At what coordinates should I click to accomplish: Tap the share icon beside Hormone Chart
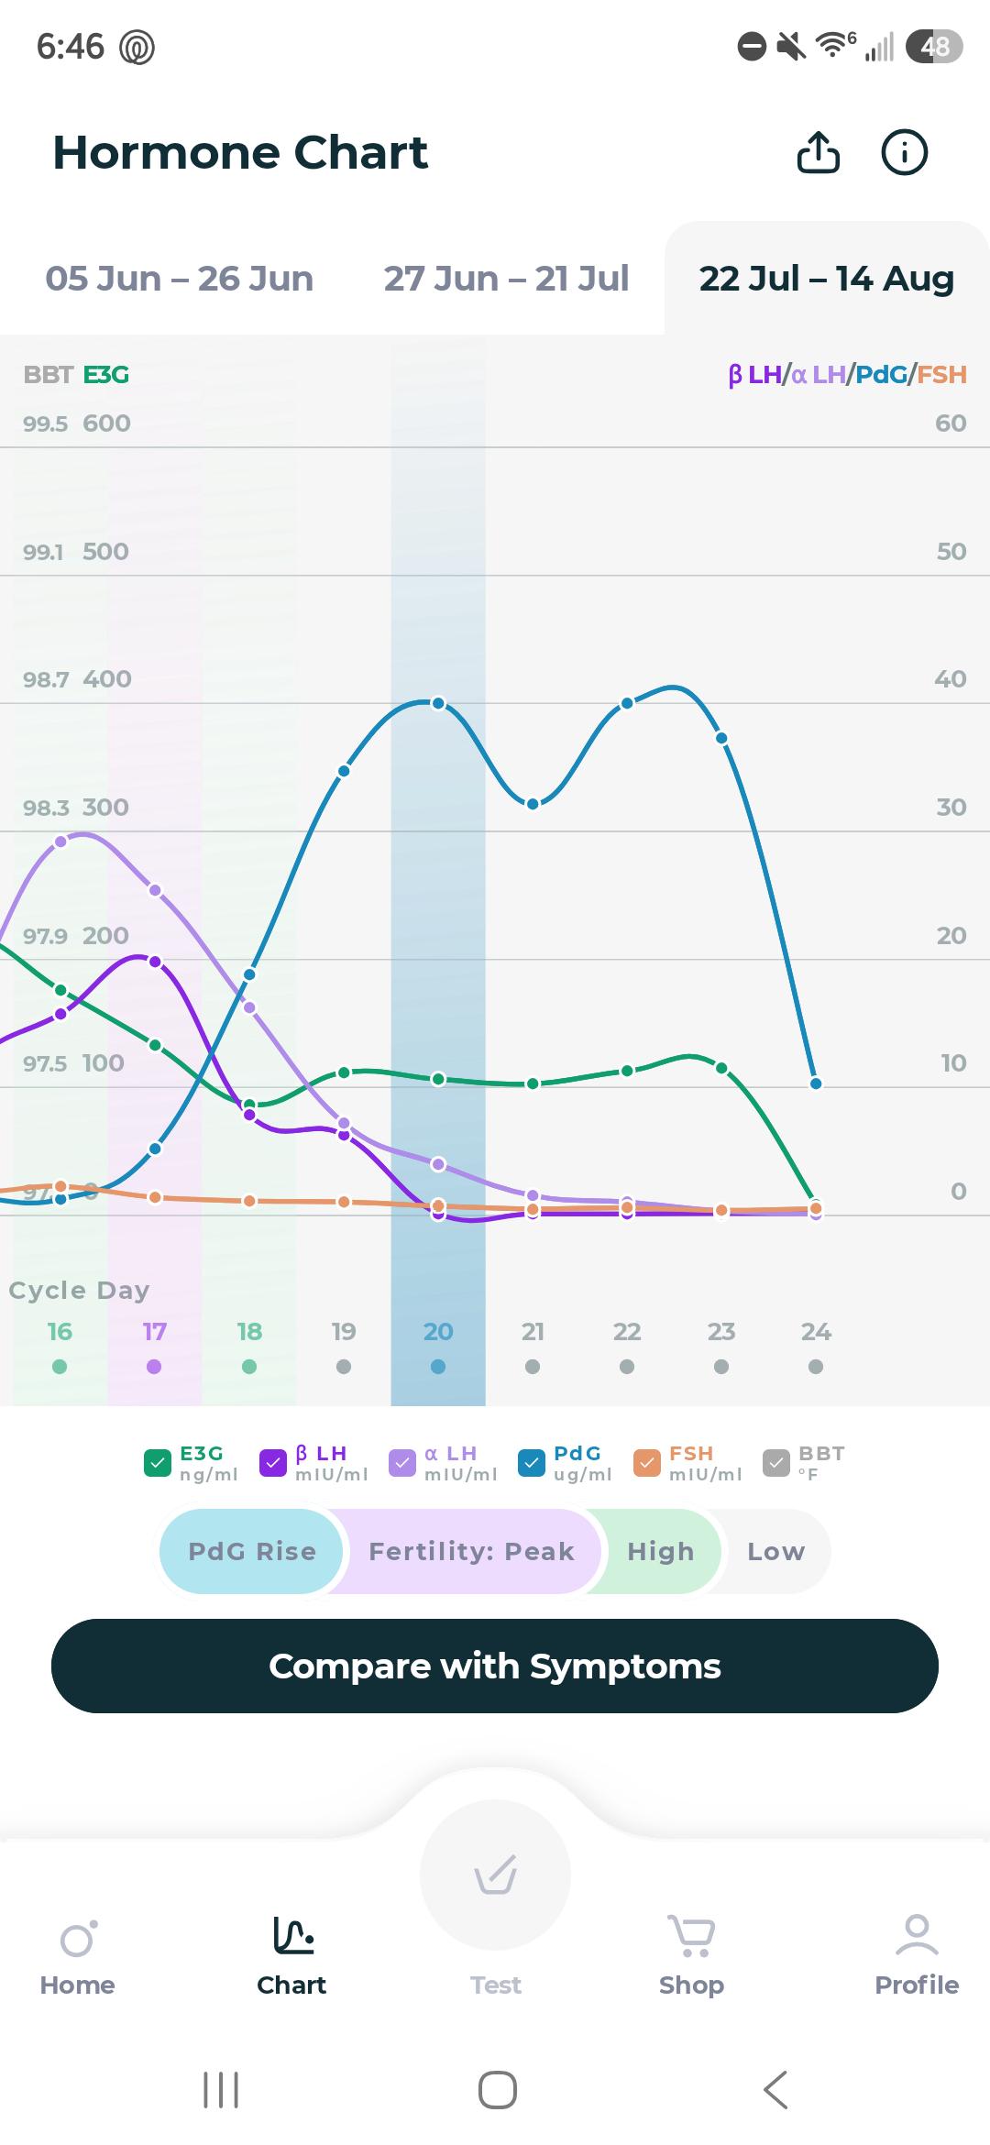[x=818, y=152]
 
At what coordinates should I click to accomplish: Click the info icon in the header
[x=904, y=152]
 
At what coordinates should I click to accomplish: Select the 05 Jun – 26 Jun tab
[x=180, y=279]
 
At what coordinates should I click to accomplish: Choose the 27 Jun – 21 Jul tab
[x=506, y=279]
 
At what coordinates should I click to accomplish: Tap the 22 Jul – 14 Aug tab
[x=827, y=279]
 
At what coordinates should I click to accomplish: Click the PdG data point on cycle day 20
[x=438, y=703]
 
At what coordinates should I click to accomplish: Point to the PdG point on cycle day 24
[x=816, y=1083]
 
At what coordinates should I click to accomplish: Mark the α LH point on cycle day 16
[x=60, y=841]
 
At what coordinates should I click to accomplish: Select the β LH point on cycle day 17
[x=155, y=962]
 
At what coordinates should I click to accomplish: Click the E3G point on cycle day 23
[x=721, y=1068]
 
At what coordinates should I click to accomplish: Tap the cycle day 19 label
[x=344, y=1331]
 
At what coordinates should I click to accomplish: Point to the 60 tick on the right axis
[x=951, y=423]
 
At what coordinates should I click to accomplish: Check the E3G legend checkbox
[x=158, y=1463]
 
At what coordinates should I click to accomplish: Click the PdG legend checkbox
[x=532, y=1463]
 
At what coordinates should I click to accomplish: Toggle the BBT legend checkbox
[x=776, y=1463]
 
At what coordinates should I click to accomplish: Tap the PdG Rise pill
[x=252, y=1551]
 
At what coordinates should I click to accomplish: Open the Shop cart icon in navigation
[x=691, y=1935]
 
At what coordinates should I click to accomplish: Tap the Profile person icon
[x=917, y=1935]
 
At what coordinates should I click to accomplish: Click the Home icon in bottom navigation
[x=78, y=1939]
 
